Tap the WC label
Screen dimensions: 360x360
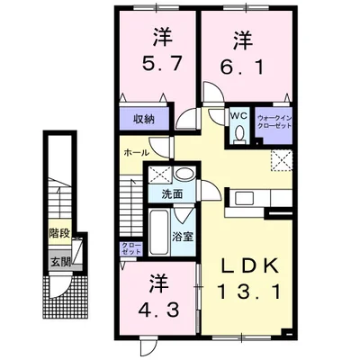coord(238,115)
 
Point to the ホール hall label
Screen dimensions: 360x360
coord(135,154)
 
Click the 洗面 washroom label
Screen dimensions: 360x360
coord(173,193)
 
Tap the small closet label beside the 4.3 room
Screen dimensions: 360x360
coord(129,248)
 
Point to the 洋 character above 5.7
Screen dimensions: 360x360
coord(161,39)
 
